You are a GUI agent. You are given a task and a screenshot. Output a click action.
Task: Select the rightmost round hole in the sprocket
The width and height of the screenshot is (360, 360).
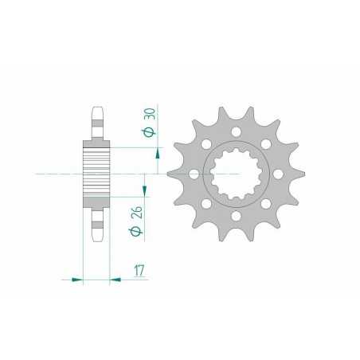coord(280,173)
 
